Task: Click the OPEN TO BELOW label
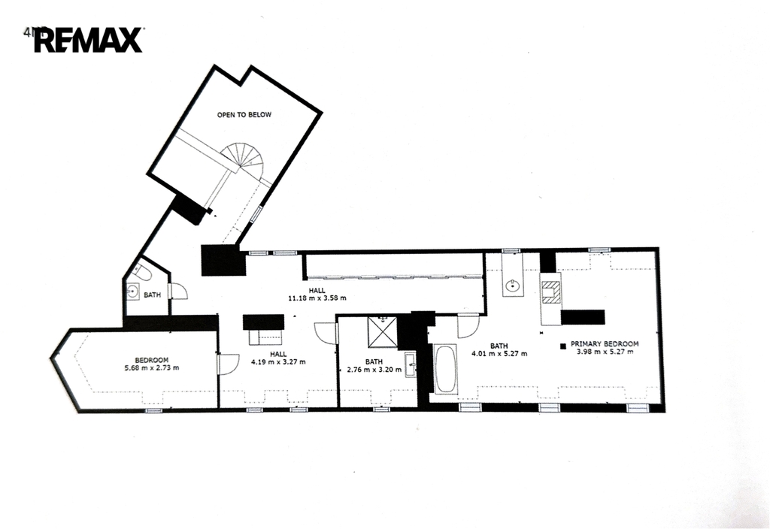pyautogui.click(x=244, y=115)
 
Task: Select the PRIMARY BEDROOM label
pyautogui.click(x=605, y=344)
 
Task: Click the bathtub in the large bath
pyautogui.click(x=445, y=369)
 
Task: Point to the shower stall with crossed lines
pyautogui.click(x=383, y=332)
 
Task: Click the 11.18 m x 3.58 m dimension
pyautogui.click(x=317, y=298)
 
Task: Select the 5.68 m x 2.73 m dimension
pyautogui.click(x=152, y=367)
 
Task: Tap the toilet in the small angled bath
pyautogui.click(x=143, y=272)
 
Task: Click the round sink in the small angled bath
pyautogui.click(x=132, y=292)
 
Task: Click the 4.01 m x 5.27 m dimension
pyautogui.click(x=499, y=353)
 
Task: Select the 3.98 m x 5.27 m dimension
pyautogui.click(x=605, y=352)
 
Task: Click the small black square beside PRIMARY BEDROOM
pyautogui.click(x=563, y=346)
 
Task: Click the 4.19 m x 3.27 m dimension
pyautogui.click(x=278, y=361)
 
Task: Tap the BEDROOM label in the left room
pyautogui.click(x=152, y=360)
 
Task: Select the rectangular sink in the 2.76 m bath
pyautogui.click(x=411, y=364)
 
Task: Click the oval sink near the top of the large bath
pyautogui.click(x=513, y=285)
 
